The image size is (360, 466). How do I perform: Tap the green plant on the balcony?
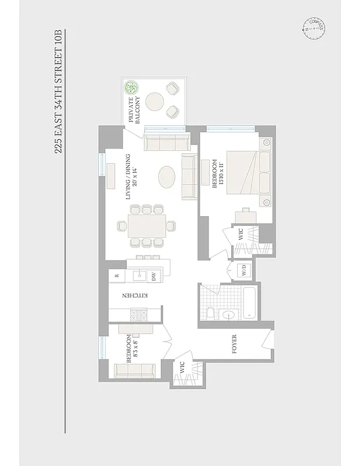point(132,89)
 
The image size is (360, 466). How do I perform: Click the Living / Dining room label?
point(129,176)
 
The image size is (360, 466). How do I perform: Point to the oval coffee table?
point(167,177)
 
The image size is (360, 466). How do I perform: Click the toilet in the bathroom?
point(210,315)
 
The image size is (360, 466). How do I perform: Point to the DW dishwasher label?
point(153,277)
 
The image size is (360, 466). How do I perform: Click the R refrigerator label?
point(117,276)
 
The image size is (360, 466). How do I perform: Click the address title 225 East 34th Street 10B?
point(58,94)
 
